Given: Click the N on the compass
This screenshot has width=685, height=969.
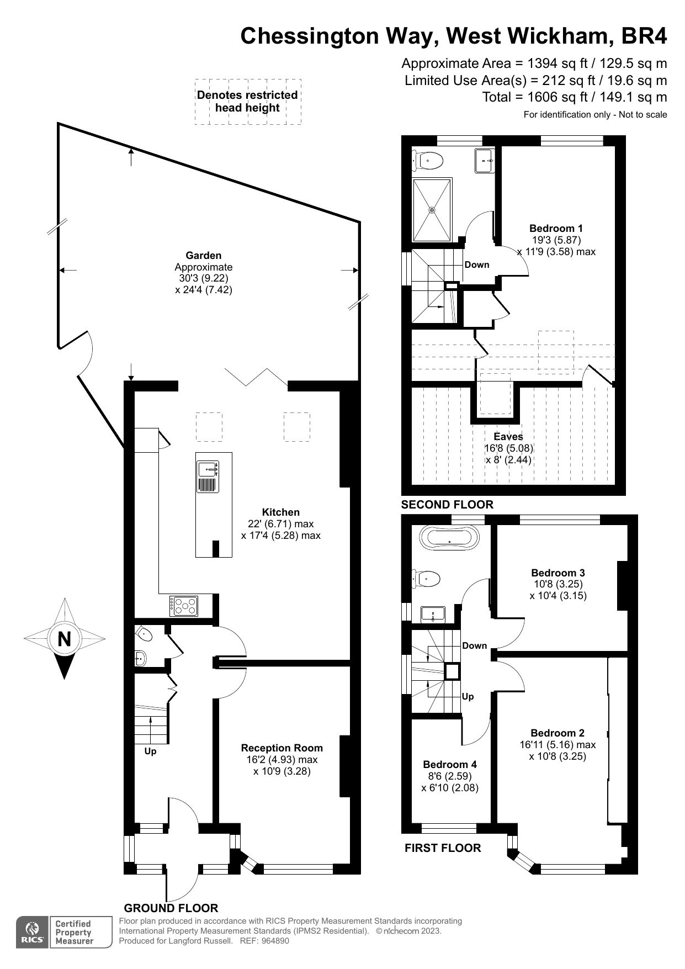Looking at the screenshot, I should (x=65, y=639).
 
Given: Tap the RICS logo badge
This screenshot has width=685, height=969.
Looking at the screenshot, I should (x=31, y=933).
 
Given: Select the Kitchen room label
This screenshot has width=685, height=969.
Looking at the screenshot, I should (x=280, y=512).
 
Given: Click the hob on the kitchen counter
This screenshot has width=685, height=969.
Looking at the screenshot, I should (x=184, y=606).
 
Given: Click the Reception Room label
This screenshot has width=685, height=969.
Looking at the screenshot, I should (x=282, y=748).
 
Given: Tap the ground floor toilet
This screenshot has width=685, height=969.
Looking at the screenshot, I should (x=144, y=634).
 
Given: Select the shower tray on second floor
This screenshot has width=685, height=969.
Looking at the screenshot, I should (x=432, y=210).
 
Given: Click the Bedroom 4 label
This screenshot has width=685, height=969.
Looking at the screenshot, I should (x=450, y=765).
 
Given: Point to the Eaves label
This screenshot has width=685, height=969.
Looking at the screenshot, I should (x=508, y=437).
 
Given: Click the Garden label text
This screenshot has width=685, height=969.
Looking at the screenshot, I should (x=203, y=256).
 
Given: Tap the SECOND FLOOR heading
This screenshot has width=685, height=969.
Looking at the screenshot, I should (x=447, y=505).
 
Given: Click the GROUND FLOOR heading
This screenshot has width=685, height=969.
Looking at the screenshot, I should (x=171, y=908).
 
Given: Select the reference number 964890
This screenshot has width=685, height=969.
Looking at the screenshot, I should (x=271, y=941).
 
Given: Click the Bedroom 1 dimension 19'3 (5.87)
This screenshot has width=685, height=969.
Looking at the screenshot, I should (x=556, y=240).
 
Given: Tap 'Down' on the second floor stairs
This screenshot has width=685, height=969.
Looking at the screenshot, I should (x=476, y=265).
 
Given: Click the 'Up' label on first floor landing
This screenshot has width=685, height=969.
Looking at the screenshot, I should (x=468, y=697).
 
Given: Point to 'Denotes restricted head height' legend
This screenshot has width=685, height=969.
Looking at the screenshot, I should (x=247, y=102).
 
